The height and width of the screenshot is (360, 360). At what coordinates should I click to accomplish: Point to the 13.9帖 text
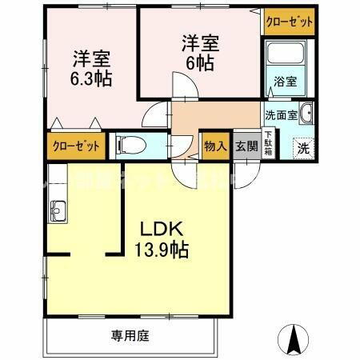tap(162, 251)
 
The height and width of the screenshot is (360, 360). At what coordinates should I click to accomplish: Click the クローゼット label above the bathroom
tap(290, 22)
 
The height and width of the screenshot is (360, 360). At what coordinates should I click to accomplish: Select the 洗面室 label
tap(281, 114)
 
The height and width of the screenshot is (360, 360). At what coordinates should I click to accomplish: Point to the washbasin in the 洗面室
tap(307, 114)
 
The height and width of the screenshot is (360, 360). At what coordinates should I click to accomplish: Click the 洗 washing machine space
tap(303, 147)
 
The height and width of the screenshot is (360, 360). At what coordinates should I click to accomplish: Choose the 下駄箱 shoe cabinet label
tap(268, 147)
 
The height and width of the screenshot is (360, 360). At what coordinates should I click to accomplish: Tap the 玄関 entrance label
tap(246, 146)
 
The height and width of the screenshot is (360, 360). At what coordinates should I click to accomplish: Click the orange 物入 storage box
tap(214, 146)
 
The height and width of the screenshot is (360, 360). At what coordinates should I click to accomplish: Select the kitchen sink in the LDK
tap(58, 211)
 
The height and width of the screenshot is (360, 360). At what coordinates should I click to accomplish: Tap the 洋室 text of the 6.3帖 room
tap(90, 58)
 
